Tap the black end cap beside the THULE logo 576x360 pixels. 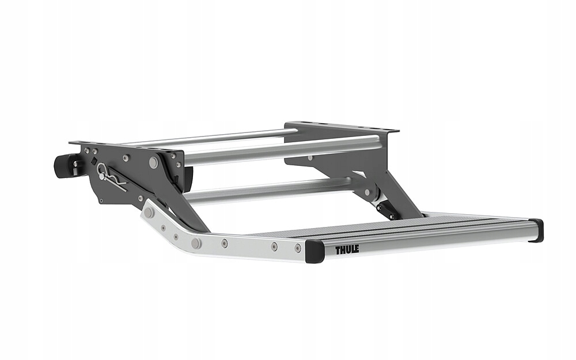tap(314, 251)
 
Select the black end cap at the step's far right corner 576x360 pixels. tap(536, 230)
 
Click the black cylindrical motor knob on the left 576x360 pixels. tap(65, 165)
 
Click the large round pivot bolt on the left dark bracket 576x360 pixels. tap(153, 163)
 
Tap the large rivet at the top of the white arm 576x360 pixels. tap(149, 213)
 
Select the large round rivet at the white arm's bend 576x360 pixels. tap(196, 243)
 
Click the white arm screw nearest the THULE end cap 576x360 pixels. tap(298, 248)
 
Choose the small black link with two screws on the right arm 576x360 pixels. tap(386, 211)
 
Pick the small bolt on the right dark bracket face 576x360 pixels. tap(310, 157)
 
